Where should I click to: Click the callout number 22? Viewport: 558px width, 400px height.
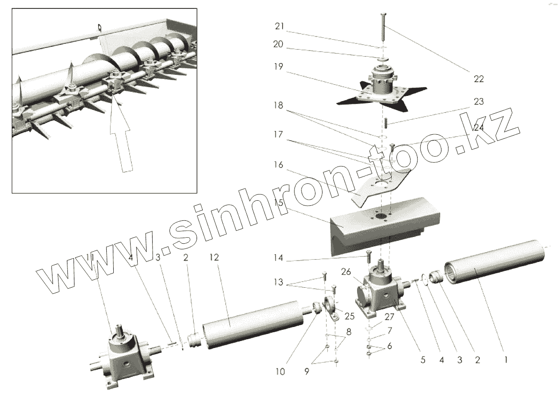pyautogui.click(x=478, y=79)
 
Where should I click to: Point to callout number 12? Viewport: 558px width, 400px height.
pyautogui.click(x=214, y=257)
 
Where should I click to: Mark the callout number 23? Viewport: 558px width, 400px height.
pyautogui.click(x=478, y=101)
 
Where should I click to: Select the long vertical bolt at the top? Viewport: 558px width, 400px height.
pyautogui.click(x=383, y=28)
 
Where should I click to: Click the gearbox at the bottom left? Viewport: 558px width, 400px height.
pyautogui.click(x=124, y=361)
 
